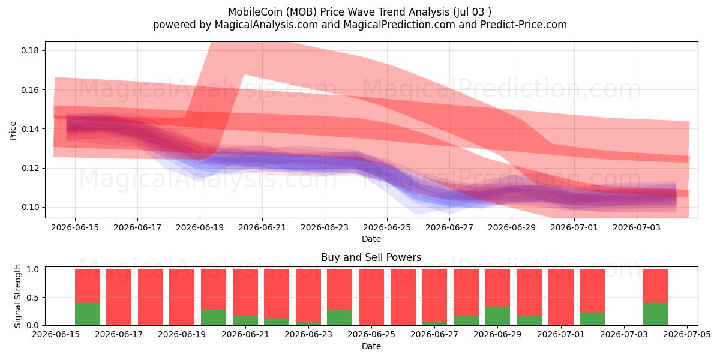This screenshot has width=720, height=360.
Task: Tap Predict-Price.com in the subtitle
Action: coord(524,25)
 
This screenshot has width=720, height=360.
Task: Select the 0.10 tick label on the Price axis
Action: coord(30,208)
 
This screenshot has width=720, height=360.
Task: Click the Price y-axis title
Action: coord(13,131)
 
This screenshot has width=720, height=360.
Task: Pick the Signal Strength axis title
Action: coord(17,296)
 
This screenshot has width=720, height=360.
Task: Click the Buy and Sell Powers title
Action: coord(371,257)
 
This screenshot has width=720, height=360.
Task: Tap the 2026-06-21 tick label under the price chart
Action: coord(262,227)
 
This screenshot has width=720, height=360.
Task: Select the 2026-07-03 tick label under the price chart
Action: coord(637,227)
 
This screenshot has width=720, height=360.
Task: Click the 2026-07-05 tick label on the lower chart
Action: coord(687,334)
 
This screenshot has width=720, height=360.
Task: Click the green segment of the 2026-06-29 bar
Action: coord(497,316)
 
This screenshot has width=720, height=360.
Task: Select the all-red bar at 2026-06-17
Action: coord(119,297)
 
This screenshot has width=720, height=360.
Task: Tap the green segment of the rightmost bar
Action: coord(655,314)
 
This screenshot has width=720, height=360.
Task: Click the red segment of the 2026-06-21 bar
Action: coord(245,292)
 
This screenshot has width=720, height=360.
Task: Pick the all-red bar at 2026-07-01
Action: coord(561,297)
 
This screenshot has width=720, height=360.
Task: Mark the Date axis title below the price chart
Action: coord(371,239)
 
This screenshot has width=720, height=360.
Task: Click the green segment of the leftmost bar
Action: coord(88,314)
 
